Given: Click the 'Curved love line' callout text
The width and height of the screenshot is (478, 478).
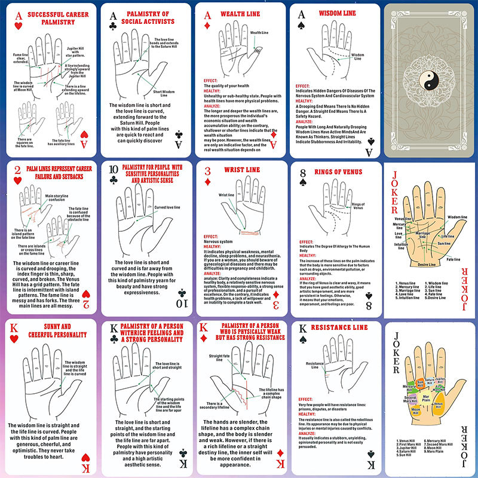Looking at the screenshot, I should [x=168, y=207].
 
